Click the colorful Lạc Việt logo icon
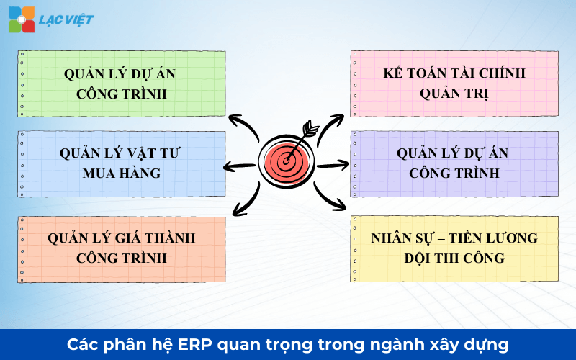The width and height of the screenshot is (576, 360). click(x=22, y=19)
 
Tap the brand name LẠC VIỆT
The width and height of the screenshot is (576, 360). click(x=66, y=19)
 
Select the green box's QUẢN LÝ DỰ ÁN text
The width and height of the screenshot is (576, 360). click(x=120, y=74)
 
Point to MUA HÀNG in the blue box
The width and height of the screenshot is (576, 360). click(x=120, y=173)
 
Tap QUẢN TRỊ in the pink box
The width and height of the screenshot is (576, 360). click(x=454, y=94)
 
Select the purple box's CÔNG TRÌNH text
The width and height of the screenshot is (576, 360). click(x=454, y=173)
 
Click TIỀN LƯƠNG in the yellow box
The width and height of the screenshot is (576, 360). click(x=490, y=238)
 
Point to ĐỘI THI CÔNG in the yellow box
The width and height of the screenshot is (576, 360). click(x=454, y=258)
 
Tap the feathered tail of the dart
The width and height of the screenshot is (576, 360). click(x=310, y=130)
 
